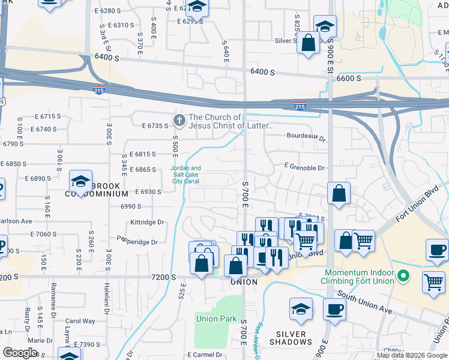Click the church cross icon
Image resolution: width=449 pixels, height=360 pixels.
click(178, 121)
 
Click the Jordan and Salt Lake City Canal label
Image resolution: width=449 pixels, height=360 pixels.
click(186, 175)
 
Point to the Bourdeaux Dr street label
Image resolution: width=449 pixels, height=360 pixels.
click(306, 138)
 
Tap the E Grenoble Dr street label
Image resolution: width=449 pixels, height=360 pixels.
click(304, 169)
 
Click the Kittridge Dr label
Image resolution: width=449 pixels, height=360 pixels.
click(147, 222)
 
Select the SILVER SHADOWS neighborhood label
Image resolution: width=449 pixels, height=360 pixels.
click(291, 338)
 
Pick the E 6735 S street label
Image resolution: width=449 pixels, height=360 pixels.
click(155, 126)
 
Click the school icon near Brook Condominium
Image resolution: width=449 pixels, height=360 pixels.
click(80, 181)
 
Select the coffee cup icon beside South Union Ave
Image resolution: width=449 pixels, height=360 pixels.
click(334, 309)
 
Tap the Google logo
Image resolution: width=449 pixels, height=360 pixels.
click(20, 353)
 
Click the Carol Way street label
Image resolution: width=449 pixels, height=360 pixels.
click(80, 321)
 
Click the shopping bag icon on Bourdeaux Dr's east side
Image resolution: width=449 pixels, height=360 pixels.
click(339, 194)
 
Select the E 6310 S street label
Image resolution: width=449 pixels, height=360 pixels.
click(118, 25)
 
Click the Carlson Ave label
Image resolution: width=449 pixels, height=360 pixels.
click(14, 221)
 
